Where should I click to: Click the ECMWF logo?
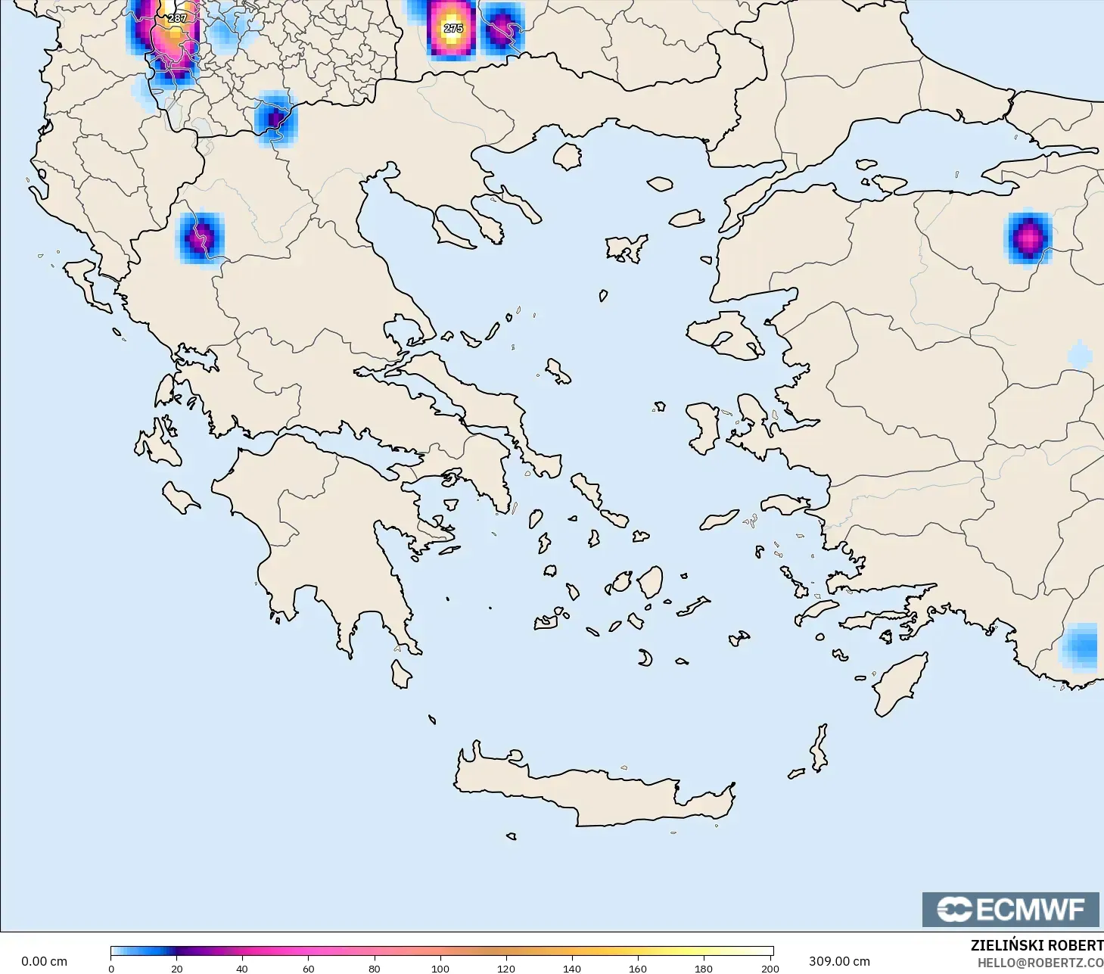tap(1010, 909)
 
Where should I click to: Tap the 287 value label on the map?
tap(177, 18)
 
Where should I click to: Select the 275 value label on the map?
tap(453, 28)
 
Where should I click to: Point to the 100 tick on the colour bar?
tap(440, 968)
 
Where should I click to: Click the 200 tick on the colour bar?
tap(770, 968)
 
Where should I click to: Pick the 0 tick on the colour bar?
tap(111, 968)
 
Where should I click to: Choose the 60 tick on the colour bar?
tap(308, 968)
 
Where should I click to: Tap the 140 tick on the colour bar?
tap(572, 968)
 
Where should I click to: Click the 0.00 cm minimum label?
tap(44, 961)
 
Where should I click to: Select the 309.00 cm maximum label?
tap(839, 961)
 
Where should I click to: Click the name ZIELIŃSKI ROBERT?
tap(1037, 945)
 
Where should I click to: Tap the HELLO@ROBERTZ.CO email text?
tap(1040, 963)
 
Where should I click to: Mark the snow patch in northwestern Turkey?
tap(1028, 238)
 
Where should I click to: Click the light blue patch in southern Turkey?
tap(1081, 647)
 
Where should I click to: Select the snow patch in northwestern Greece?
tap(200, 237)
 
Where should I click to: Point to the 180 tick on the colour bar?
tap(704, 968)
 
